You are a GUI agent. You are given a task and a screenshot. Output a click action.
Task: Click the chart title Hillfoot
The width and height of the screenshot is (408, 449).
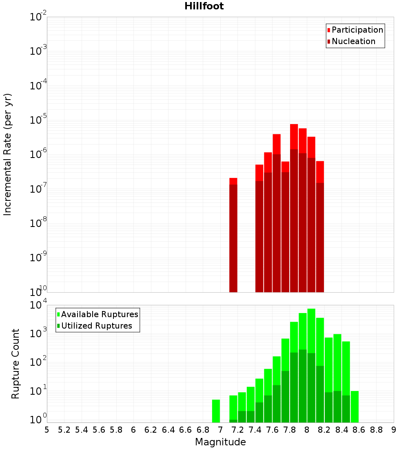point(204,6)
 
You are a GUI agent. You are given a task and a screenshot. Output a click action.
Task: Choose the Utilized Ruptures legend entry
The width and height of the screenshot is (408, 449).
point(96,326)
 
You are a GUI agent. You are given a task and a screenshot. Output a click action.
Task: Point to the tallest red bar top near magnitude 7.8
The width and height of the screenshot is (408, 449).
point(294,125)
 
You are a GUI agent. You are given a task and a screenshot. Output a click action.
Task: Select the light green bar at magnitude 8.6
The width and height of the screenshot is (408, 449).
point(355,407)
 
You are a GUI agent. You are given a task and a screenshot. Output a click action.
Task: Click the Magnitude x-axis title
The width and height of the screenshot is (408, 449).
point(220,442)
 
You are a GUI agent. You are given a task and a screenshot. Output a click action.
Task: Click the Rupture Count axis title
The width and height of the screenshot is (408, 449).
point(16,363)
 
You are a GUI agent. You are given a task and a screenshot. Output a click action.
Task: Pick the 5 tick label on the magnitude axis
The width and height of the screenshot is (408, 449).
point(47,430)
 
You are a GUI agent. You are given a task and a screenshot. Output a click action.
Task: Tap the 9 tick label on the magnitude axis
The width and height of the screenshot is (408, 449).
point(393,430)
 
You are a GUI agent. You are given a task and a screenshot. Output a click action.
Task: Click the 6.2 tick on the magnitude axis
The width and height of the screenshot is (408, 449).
point(151,430)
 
